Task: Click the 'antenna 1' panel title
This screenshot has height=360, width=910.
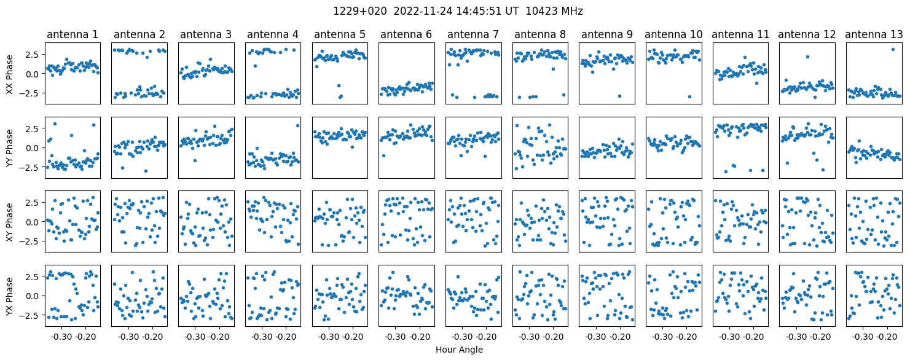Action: (73, 34)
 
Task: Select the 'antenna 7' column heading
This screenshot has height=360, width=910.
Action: (473, 34)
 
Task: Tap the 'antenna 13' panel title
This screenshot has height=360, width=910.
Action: (874, 34)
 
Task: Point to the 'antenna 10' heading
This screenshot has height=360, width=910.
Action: (673, 34)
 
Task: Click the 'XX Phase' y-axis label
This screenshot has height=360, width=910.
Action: (9, 74)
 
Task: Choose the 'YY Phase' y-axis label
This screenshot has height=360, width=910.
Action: (9, 148)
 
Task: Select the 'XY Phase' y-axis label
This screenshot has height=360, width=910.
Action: (9, 222)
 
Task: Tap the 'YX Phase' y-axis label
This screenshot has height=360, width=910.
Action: (9, 295)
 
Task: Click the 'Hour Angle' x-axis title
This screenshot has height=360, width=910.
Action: (459, 350)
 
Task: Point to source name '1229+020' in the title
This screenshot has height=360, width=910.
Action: (360, 12)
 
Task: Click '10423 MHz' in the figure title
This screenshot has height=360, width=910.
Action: (554, 12)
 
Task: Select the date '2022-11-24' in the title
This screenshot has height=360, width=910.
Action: (423, 12)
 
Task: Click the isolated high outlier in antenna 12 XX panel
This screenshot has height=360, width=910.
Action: (807, 57)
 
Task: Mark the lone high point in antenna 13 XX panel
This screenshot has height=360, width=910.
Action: (893, 50)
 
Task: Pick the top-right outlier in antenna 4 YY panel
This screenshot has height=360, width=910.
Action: (298, 126)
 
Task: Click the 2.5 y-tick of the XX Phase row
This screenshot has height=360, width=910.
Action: (33, 55)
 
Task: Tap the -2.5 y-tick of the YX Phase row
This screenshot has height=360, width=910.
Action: (30, 315)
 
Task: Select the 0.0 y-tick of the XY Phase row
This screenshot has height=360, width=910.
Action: (33, 222)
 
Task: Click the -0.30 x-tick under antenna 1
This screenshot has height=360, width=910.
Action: (61, 337)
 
